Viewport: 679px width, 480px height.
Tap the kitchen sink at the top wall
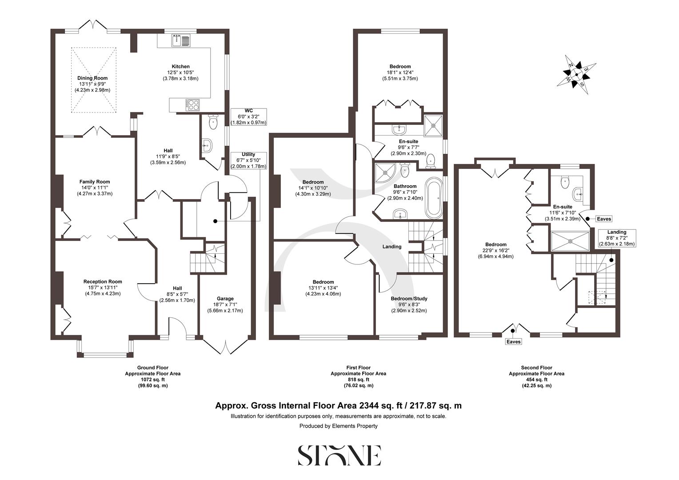coord(180,41)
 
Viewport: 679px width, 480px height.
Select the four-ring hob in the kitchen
coord(193,105)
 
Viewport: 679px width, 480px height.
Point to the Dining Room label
coord(92,78)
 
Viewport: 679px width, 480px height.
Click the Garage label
coord(225,299)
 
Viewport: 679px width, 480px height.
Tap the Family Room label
coord(95,182)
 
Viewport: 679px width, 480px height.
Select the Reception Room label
coord(103,281)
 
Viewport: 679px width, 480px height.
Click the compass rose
coord(576,74)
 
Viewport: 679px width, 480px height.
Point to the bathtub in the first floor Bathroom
coord(434,198)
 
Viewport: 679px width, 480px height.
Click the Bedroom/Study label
coord(409,299)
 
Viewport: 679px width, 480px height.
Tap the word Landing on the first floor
coord(391,247)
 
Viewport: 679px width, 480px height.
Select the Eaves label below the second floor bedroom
coord(513,342)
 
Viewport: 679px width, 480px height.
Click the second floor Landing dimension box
coord(617,238)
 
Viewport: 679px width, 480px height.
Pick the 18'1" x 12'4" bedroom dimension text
coord(400,73)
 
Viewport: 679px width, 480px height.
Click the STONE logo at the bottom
coord(339,456)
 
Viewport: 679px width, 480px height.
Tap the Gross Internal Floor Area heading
coord(339,405)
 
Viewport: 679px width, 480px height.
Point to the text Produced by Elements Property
coord(339,426)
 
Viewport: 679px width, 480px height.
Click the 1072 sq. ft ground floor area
coord(152,380)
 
